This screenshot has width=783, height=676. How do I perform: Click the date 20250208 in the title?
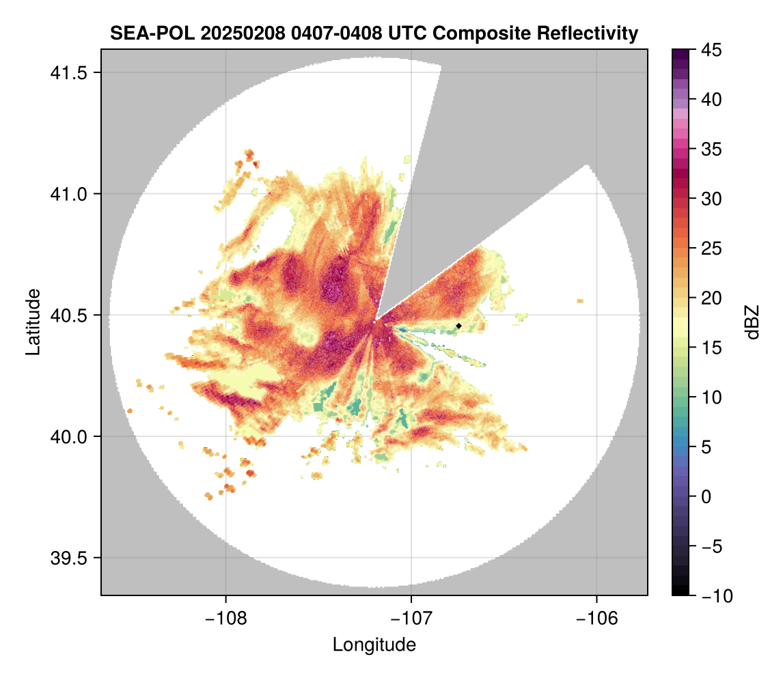point(228,33)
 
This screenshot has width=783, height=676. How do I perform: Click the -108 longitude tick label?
point(225,618)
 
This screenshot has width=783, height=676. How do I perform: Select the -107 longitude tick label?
point(411,618)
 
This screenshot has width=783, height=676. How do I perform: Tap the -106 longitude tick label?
point(597,618)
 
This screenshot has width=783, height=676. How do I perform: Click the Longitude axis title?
point(374,645)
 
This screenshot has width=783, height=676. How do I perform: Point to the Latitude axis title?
point(32,322)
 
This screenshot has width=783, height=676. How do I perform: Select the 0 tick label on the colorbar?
point(707,496)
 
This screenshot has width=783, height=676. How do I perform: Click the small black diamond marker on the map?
point(459,326)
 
